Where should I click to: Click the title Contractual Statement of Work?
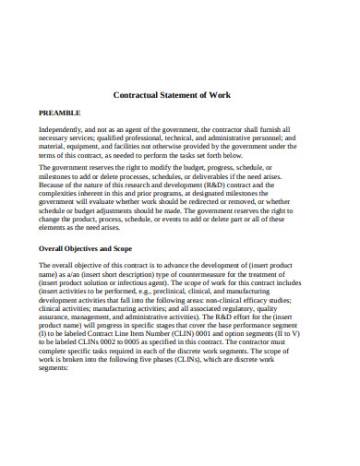coord(179,95)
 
